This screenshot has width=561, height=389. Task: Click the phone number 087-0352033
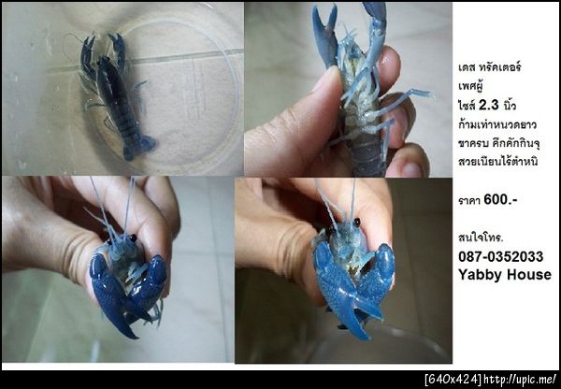click(500, 256)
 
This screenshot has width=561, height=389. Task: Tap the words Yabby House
click(505, 275)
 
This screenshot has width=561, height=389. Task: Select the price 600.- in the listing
click(500, 200)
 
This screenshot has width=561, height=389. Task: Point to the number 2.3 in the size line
click(488, 106)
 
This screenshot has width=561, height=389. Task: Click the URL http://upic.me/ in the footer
click(520, 379)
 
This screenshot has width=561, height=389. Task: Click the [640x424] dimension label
click(453, 379)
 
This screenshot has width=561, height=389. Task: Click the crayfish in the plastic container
click(113, 94)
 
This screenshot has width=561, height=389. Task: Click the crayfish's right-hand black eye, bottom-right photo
click(357, 223)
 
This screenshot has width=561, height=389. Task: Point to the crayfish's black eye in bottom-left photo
click(133, 238)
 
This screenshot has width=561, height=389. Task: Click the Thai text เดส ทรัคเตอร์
click(489, 67)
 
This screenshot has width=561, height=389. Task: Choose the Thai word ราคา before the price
click(469, 200)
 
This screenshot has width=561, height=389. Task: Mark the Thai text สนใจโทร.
click(481, 238)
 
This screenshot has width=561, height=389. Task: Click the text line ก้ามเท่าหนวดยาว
click(497, 124)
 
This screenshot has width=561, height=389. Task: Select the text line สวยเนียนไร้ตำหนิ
click(498, 162)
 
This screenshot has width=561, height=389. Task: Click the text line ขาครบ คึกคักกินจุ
click(498, 143)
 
